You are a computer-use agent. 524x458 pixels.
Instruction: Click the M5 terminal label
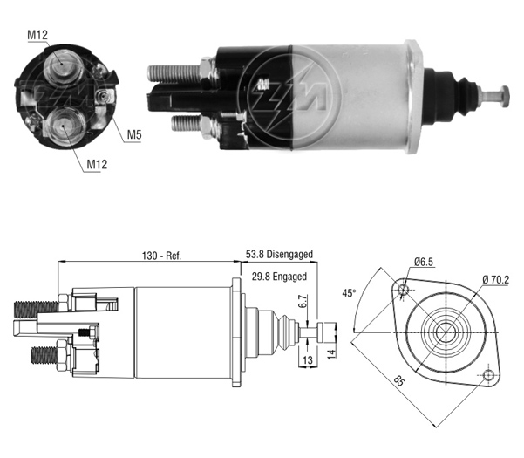(x=134, y=134)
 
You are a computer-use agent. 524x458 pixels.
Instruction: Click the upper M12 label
(x=37, y=35)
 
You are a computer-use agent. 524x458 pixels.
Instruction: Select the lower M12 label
(x=97, y=164)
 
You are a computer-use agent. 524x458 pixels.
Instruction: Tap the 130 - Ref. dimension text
(x=161, y=256)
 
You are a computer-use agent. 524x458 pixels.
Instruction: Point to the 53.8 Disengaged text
(x=279, y=254)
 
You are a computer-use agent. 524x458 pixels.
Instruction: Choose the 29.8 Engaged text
(x=279, y=277)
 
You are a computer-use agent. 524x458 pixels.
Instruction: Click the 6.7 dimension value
(x=303, y=301)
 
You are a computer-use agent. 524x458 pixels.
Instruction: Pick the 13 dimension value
(x=308, y=360)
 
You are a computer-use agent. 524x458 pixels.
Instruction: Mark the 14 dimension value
(x=330, y=354)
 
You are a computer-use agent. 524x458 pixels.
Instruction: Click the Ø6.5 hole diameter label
(x=424, y=262)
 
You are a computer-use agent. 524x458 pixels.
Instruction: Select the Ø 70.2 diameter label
(x=496, y=279)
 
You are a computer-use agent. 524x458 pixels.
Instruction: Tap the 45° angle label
(x=349, y=293)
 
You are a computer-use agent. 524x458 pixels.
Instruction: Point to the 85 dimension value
(x=398, y=380)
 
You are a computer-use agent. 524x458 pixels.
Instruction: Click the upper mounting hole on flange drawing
(x=404, y=289)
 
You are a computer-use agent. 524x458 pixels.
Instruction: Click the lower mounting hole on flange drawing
(x=488, y=375)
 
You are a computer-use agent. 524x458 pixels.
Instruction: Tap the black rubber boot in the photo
(x=452, y=95)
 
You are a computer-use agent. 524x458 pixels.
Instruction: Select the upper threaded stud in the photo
(x=174, y=73)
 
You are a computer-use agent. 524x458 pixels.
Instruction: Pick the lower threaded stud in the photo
(x=187, y=123)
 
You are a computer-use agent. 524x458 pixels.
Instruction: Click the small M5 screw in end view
(x=104, y=97)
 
